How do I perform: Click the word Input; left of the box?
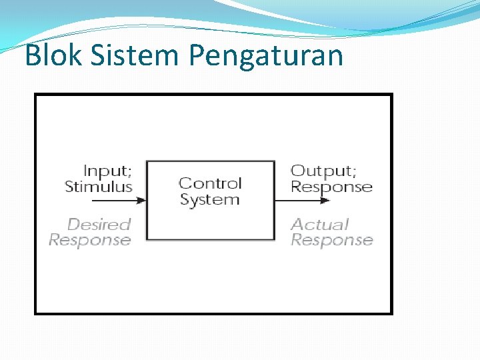pyautogui.click(x=107, y=171)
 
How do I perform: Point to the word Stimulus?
pyautogui.click(x=99, y=187)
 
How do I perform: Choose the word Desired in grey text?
pyautogui.click(x=99, y=225)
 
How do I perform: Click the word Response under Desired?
pyautogui.click(x=90, y=240)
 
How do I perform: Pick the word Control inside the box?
pyautogui.click(x=210, y=183)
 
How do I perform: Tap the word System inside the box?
pyautogui.click(x=210, y=199)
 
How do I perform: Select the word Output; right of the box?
pyautogui.click(x=323, y=171)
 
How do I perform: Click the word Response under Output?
pyautogui.click(x=331, y=187)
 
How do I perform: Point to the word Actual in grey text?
pyautogui.click(x=320, y=225)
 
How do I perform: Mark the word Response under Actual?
pyautogui.click(x=331, y=240)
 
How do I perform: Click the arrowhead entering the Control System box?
pyautogui.click(x=141, y=199)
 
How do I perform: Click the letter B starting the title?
pyautogui.click(x=33, y=56)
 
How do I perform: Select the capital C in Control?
pyautogui.click(x=185, y=183)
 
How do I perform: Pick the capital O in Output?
pyautogui.click(x=297, y=171)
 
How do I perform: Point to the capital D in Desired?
pyautogui.click(x=73, y=225)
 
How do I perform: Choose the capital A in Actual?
pyautogui.click(x=297, y=225)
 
